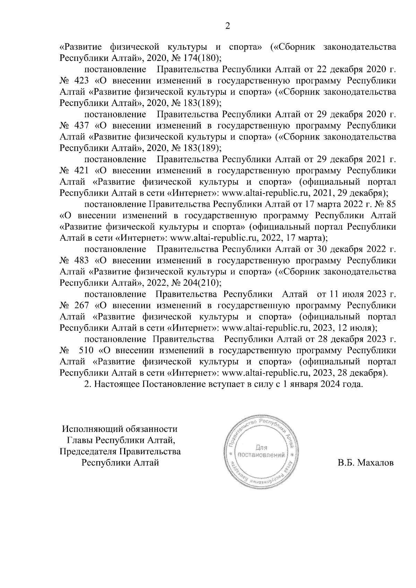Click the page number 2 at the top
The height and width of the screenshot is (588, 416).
[227, 26]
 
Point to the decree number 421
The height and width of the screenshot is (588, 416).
[81, 171]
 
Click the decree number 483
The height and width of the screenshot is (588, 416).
[81, 261]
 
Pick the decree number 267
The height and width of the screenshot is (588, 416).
[81, 306]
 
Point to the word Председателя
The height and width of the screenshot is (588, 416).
[88, 452]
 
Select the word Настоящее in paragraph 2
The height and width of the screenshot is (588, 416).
[117, 384]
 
